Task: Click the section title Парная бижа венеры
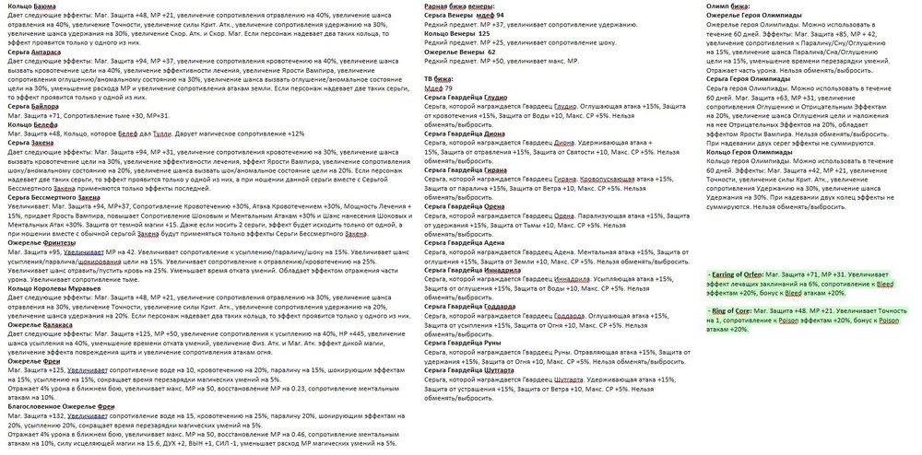click(466, 7)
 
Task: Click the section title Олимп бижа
click(727, 7)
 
